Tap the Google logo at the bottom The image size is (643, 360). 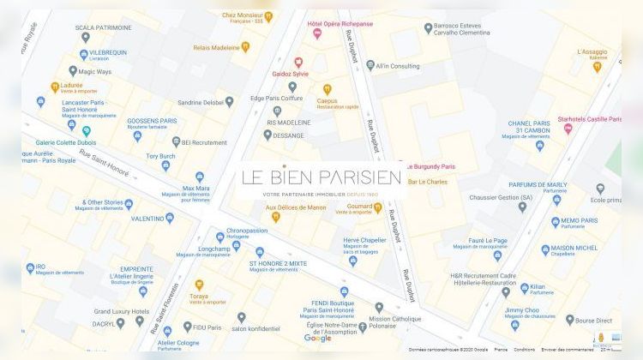pos(317,339)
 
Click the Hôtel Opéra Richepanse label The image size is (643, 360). pos(340,24)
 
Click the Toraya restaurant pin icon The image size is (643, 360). pos(199,285)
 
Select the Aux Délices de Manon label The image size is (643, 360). pos(296,207)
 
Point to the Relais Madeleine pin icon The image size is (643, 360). pos(245,47)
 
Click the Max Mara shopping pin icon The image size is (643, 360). pos(200,177)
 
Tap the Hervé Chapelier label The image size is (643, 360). pos(364,240)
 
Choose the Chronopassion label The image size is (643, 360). pos(248,231)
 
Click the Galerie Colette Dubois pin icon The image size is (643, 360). pos(86,131)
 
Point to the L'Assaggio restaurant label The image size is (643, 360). pos(592,52)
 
